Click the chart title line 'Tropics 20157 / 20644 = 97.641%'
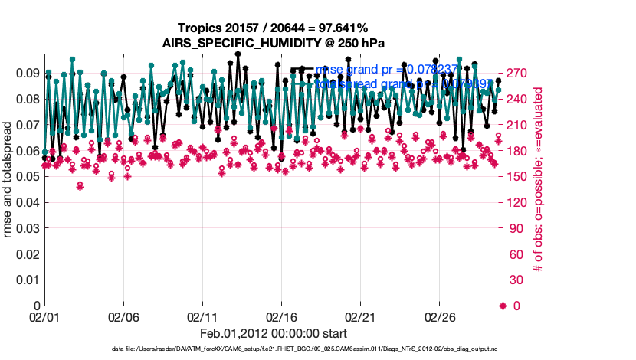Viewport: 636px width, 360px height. (x=274, y=28)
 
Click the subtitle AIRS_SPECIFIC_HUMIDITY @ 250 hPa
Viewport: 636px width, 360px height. (x=274, y=41)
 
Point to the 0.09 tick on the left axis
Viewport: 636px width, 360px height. (x=29, y=74)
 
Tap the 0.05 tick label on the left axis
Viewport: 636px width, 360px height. (x=29, y=177)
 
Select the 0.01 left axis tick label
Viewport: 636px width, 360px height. (x=29, y=280)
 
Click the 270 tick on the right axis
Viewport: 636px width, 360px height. (x=518, y=74)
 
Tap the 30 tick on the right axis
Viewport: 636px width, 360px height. (x=515, y=280)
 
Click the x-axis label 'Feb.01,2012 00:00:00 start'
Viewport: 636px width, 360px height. (x=274, y=334)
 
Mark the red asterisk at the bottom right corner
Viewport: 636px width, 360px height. (x=503, y=306)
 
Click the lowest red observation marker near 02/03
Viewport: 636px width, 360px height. (x=80, y=186)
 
